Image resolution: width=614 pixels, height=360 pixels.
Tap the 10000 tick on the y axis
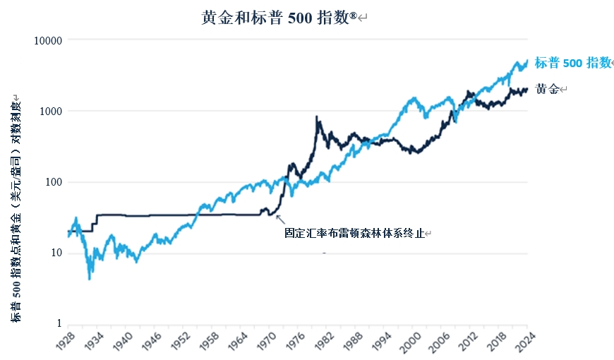tap(49, 41)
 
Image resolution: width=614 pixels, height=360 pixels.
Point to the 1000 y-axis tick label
tap(52, 112)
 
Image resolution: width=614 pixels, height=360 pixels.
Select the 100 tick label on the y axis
tap(54, 182)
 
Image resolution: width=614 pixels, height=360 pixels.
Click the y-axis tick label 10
tap(57, 253)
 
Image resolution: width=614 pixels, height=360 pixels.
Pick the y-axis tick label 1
tap(60, 324)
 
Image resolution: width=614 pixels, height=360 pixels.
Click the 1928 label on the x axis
tap(65, 343)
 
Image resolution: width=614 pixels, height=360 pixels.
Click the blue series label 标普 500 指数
tap(572, 63)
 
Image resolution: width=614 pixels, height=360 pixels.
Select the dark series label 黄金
tap(547, 90)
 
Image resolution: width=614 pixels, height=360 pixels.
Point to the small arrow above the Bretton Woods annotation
tap(280, 219)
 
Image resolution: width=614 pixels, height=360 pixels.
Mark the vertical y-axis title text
tap(16, 209)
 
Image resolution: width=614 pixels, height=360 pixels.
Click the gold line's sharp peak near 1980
tap(316, 117)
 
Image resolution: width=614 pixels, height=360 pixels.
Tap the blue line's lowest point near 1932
tap(89, 279)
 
